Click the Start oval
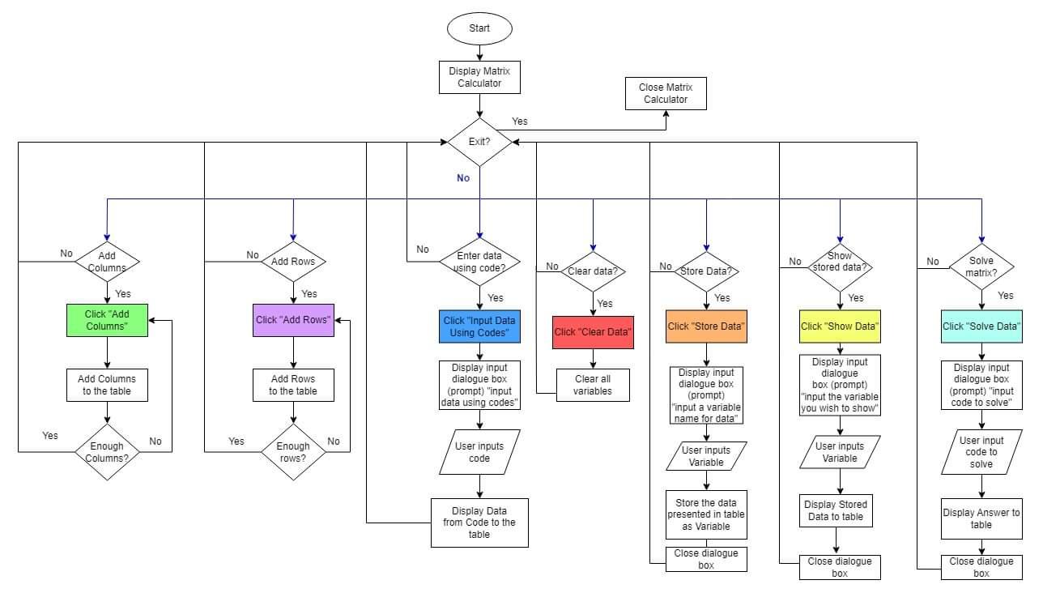(479, 28)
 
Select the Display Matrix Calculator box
(479, 77)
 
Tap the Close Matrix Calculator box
(666, 93)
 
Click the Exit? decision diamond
(479, 142)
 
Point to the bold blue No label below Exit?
(462, 178)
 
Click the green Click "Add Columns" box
(107, 320)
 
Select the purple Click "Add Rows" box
(293, 320)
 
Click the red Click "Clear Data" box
(593, 332)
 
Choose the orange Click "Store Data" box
(706, 326)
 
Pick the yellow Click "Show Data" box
(840, 326)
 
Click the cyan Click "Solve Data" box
(981, 326)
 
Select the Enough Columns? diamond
(107, 452)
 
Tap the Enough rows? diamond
(293, 452)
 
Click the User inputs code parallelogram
(479, 452)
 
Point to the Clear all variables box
(593, 385)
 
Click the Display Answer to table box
(981, 518)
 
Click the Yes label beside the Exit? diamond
(519, 122)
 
